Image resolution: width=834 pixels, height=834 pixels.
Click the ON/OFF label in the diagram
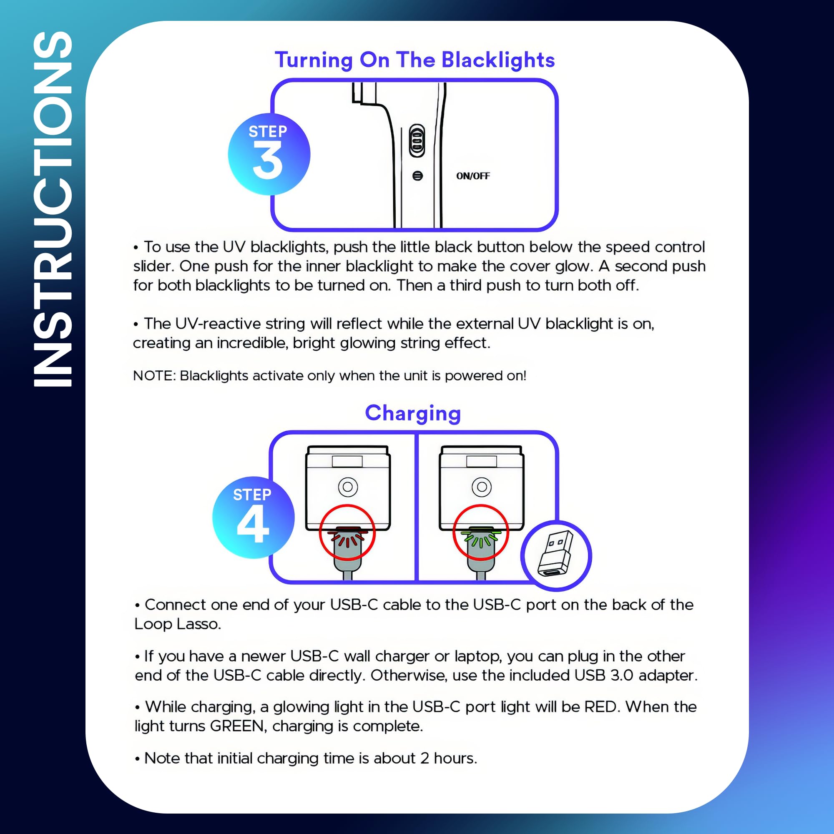coord(473,176)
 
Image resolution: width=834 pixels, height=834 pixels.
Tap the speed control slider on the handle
coord(417,141)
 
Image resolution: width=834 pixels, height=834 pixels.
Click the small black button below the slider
coord(417,176)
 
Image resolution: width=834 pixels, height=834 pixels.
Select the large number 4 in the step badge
coord(253,524)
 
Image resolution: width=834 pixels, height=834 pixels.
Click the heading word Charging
coord(413,413)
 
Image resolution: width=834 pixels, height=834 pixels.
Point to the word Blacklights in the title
coord(498,60)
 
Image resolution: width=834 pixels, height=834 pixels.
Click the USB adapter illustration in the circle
coord(555,555)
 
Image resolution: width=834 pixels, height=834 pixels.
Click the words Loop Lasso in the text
coord(177,624)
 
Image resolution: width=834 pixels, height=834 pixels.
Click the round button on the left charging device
coord(347,487)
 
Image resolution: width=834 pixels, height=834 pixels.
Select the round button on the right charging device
coord(481,487)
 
